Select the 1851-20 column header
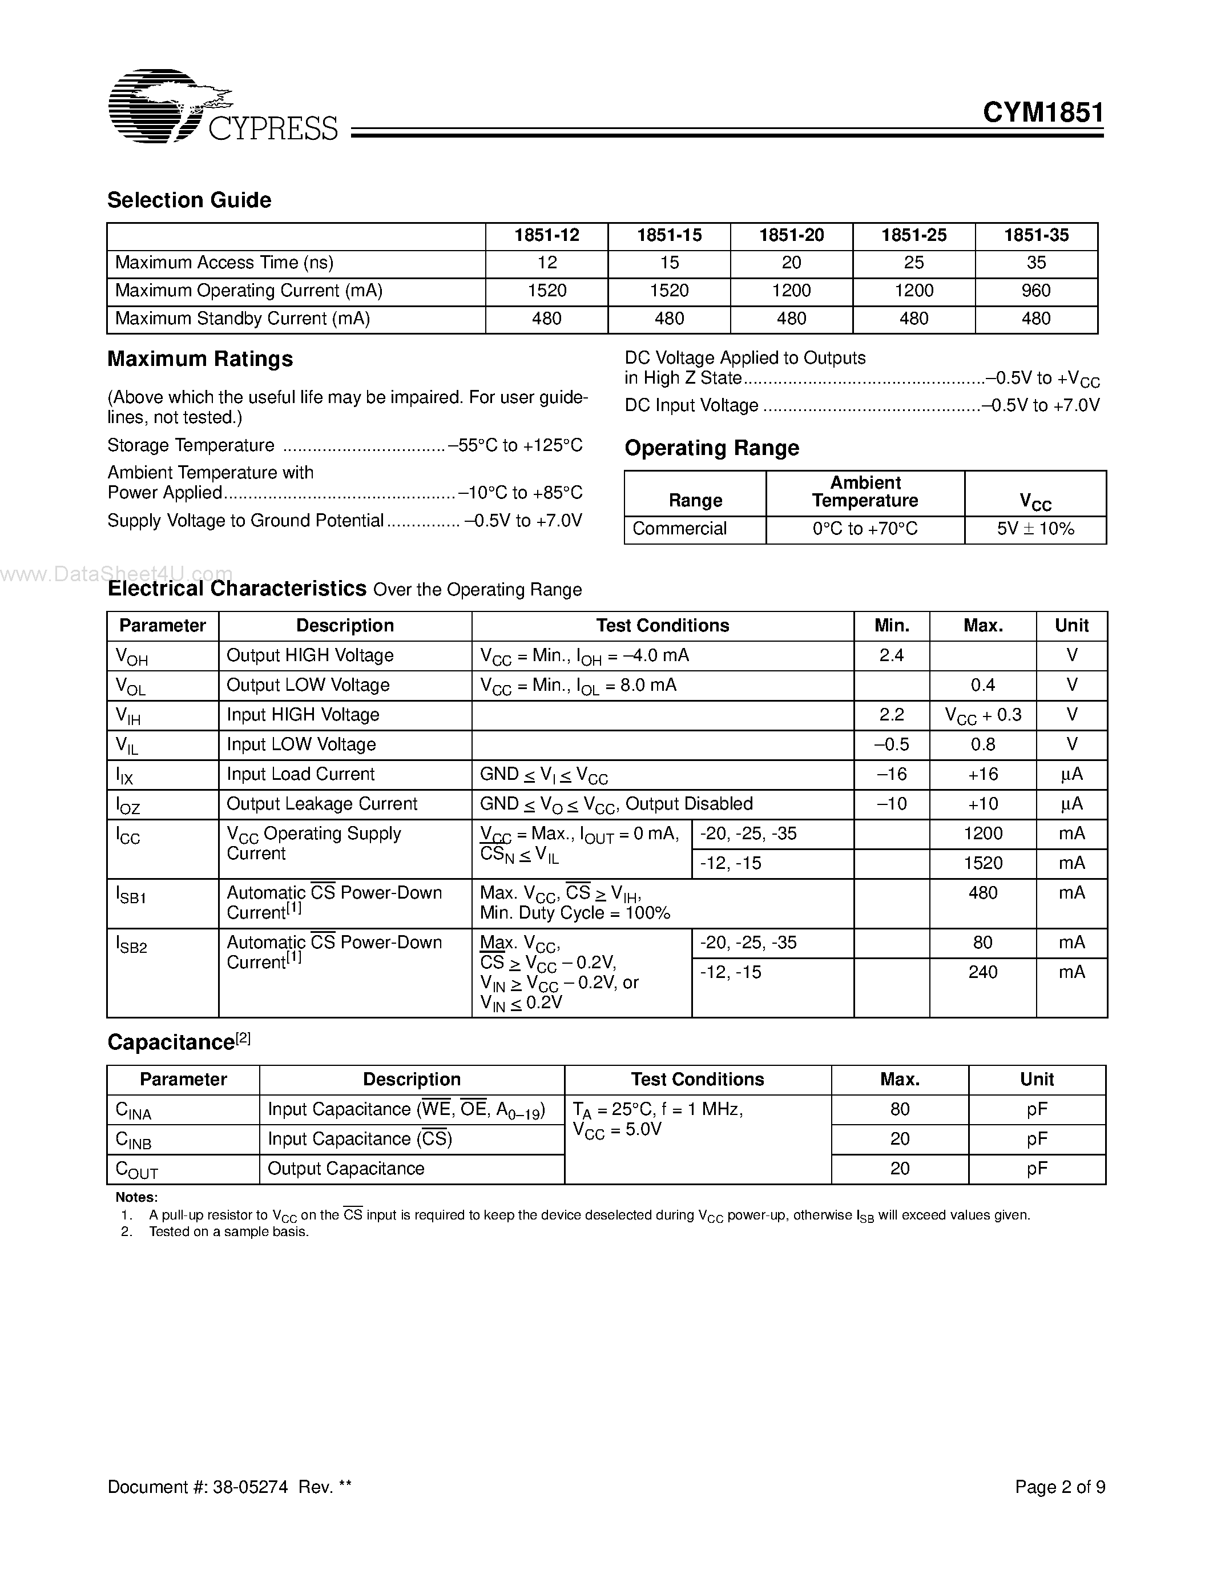(x=791, y=236)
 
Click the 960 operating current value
(x=1035, y=291)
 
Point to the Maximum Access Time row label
(x=224, y=263)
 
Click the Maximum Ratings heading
(x=200, y=359)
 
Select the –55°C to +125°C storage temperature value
(x=515, y=446)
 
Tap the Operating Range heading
(x=711, y=448)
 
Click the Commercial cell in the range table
(x=679, y=529)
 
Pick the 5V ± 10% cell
(x=1035, y=529)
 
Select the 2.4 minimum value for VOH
(x=891, y=655)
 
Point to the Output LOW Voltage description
(x=308, y=685)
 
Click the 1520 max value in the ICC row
(x=982, y=863)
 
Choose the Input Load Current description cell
(x=300, y=774)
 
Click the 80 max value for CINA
(x=900, y=1109)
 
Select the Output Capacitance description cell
(x=346, y=1169)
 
